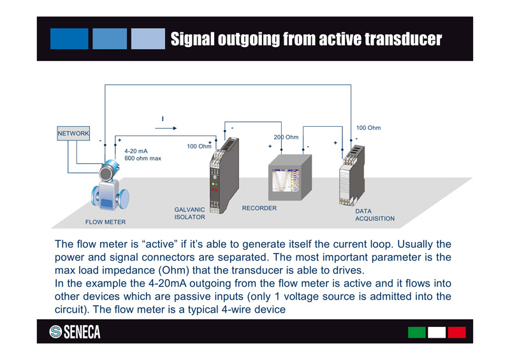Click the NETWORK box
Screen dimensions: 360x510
coord(73,133)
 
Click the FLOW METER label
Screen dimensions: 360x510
coord(105,222)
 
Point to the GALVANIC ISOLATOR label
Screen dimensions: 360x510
coord(190,213)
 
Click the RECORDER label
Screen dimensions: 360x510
coord(259,208)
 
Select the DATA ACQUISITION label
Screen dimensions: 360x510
coord(374,215)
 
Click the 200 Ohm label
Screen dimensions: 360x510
coord(286,138)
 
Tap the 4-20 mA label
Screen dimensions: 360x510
coord(136,151)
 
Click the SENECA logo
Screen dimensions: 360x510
coord(75,332)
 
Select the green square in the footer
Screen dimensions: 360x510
coord(417,332)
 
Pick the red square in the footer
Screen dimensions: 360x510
coord(456,332)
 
